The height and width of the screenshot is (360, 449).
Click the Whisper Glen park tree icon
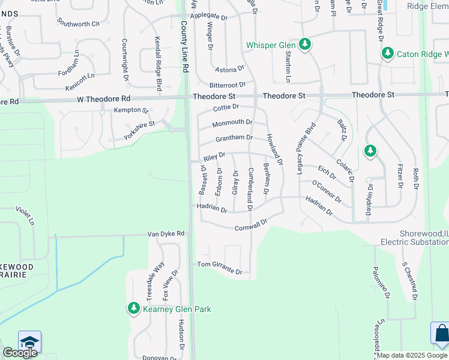coord(305,45)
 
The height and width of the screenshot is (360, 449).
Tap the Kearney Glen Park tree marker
coord(133,309)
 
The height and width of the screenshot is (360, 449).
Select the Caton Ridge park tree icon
coord(387,54)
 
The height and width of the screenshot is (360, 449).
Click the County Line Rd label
coord(185,47)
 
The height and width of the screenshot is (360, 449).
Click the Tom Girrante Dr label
coord(220,268)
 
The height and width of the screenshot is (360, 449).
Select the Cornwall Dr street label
coord(250,225)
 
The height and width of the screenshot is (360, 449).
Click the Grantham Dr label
coord(234,139)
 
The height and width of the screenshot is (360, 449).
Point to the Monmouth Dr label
coord(232,124)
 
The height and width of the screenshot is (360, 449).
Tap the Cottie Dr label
coord(226,107)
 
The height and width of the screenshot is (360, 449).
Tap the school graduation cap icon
coord(29,342)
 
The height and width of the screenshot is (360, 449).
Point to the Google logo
coord(20,353)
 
